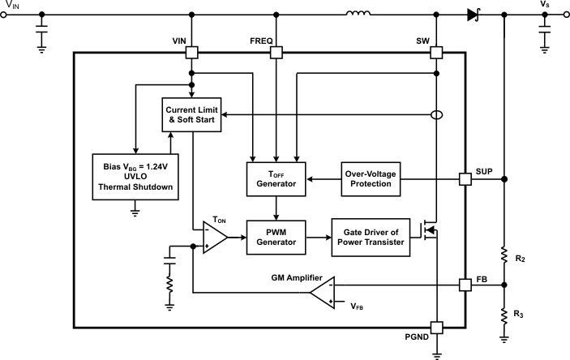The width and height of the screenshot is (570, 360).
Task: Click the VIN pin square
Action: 191,53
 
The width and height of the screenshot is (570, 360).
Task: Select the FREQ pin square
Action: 276,53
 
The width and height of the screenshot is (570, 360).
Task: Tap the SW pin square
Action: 437,53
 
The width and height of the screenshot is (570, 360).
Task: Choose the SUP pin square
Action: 466,178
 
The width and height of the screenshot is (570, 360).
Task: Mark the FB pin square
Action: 466,285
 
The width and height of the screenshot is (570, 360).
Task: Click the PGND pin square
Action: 437,328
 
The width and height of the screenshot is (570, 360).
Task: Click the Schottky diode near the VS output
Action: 474,14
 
